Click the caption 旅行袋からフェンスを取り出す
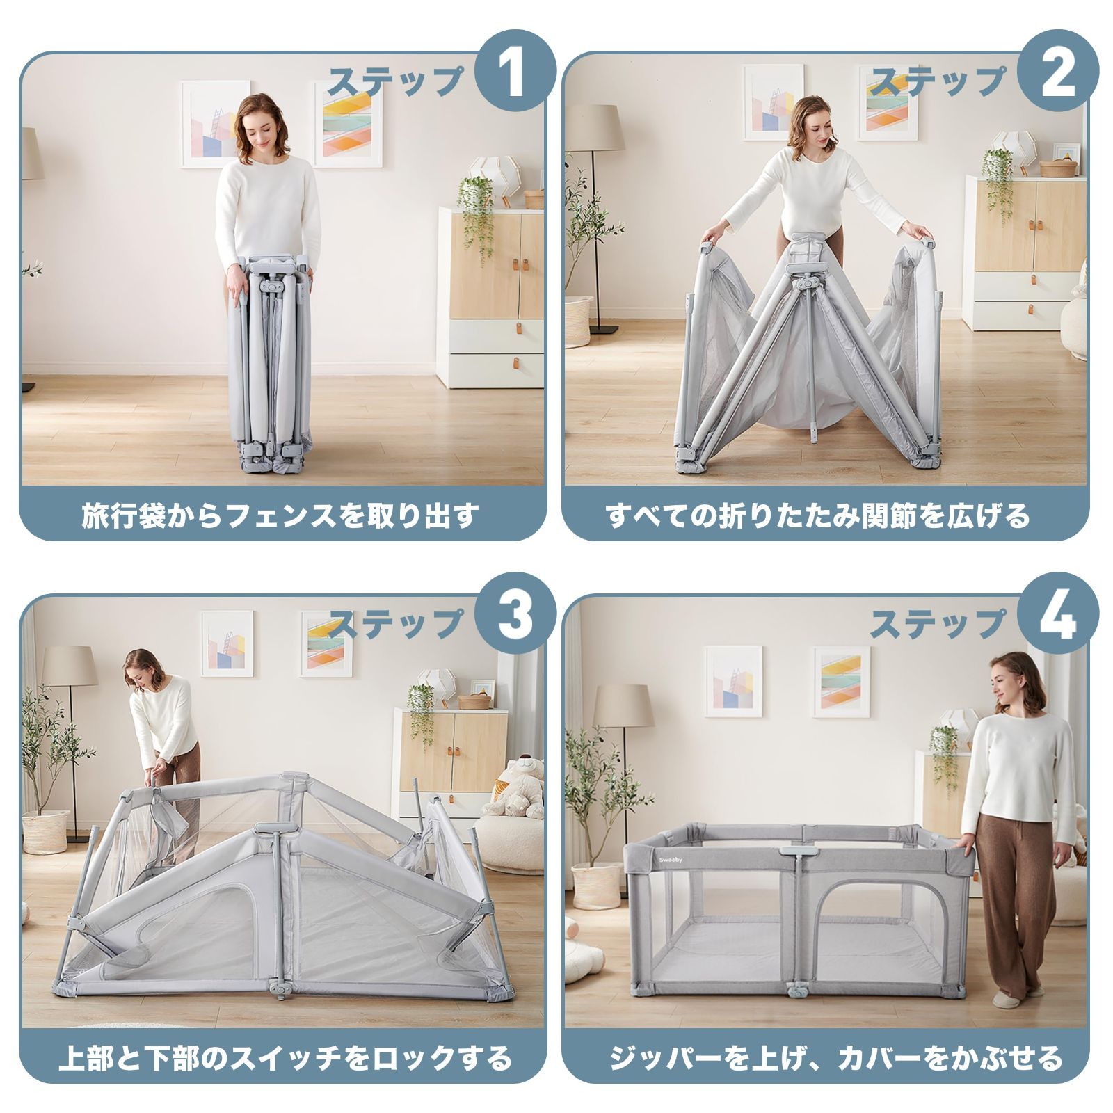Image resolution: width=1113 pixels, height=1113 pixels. click(281, 516)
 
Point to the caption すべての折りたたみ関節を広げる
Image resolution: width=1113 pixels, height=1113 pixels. click(817, 516)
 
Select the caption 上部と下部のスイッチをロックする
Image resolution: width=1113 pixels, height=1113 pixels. click(285, 1058)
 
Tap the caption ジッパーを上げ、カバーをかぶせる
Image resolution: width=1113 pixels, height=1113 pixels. click(836, 1058)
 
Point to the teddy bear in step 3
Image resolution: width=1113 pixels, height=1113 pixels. click(518, 786)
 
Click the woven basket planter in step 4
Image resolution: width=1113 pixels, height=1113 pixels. click(597, 884)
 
